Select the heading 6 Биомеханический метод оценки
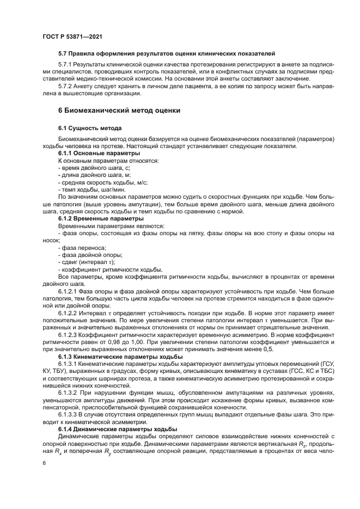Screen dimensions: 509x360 (120, 110)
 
